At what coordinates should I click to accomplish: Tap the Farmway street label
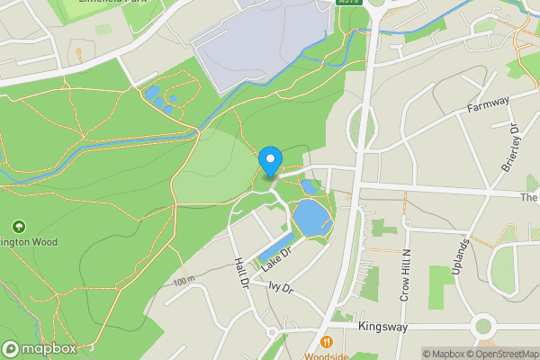(x=489, y=106)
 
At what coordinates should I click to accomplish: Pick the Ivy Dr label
(x=281, y=288)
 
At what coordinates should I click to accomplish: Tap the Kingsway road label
(x=384, y=327)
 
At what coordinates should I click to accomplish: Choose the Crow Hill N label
(x=405, y=274)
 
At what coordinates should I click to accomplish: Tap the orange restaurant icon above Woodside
(x=326, y=342)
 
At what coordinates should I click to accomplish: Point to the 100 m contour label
(x=184, y=281)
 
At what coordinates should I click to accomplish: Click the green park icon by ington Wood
(x=18, y=226)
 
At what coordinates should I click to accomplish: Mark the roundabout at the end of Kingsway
(x=484, y=325)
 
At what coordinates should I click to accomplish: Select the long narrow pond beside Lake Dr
(x=270, y=251)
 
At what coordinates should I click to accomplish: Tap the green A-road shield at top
(x=349, y=3)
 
